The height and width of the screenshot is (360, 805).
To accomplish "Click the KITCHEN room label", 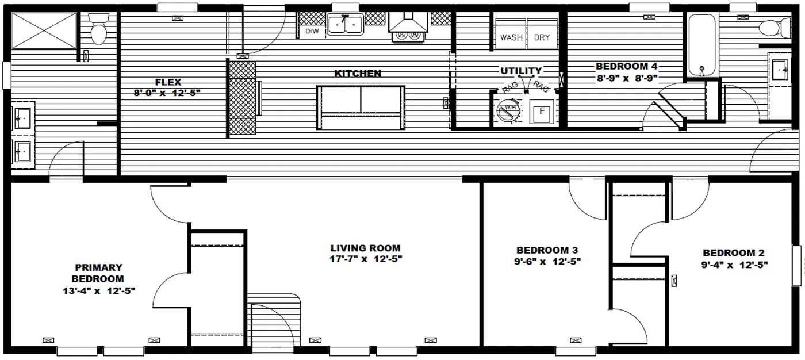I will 358,74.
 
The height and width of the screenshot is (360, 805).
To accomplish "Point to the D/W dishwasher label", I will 312,31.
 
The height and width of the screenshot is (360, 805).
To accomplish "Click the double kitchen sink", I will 345,25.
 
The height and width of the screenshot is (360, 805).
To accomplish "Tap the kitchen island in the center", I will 361,107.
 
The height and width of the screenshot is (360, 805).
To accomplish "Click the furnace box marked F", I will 540,112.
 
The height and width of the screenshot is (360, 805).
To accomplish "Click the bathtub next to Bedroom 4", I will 701,45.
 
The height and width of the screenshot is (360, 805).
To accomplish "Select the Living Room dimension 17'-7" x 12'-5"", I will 366,259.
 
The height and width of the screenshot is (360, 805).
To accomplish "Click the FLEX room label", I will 168,82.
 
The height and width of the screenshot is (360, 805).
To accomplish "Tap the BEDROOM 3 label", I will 547,250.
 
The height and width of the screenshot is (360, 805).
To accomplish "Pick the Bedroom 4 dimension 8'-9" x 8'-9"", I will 626,76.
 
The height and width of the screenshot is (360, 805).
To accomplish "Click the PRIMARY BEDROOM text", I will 98,273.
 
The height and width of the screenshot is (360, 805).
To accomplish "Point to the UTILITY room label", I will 520,71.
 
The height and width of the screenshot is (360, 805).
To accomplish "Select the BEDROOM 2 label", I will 733,253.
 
